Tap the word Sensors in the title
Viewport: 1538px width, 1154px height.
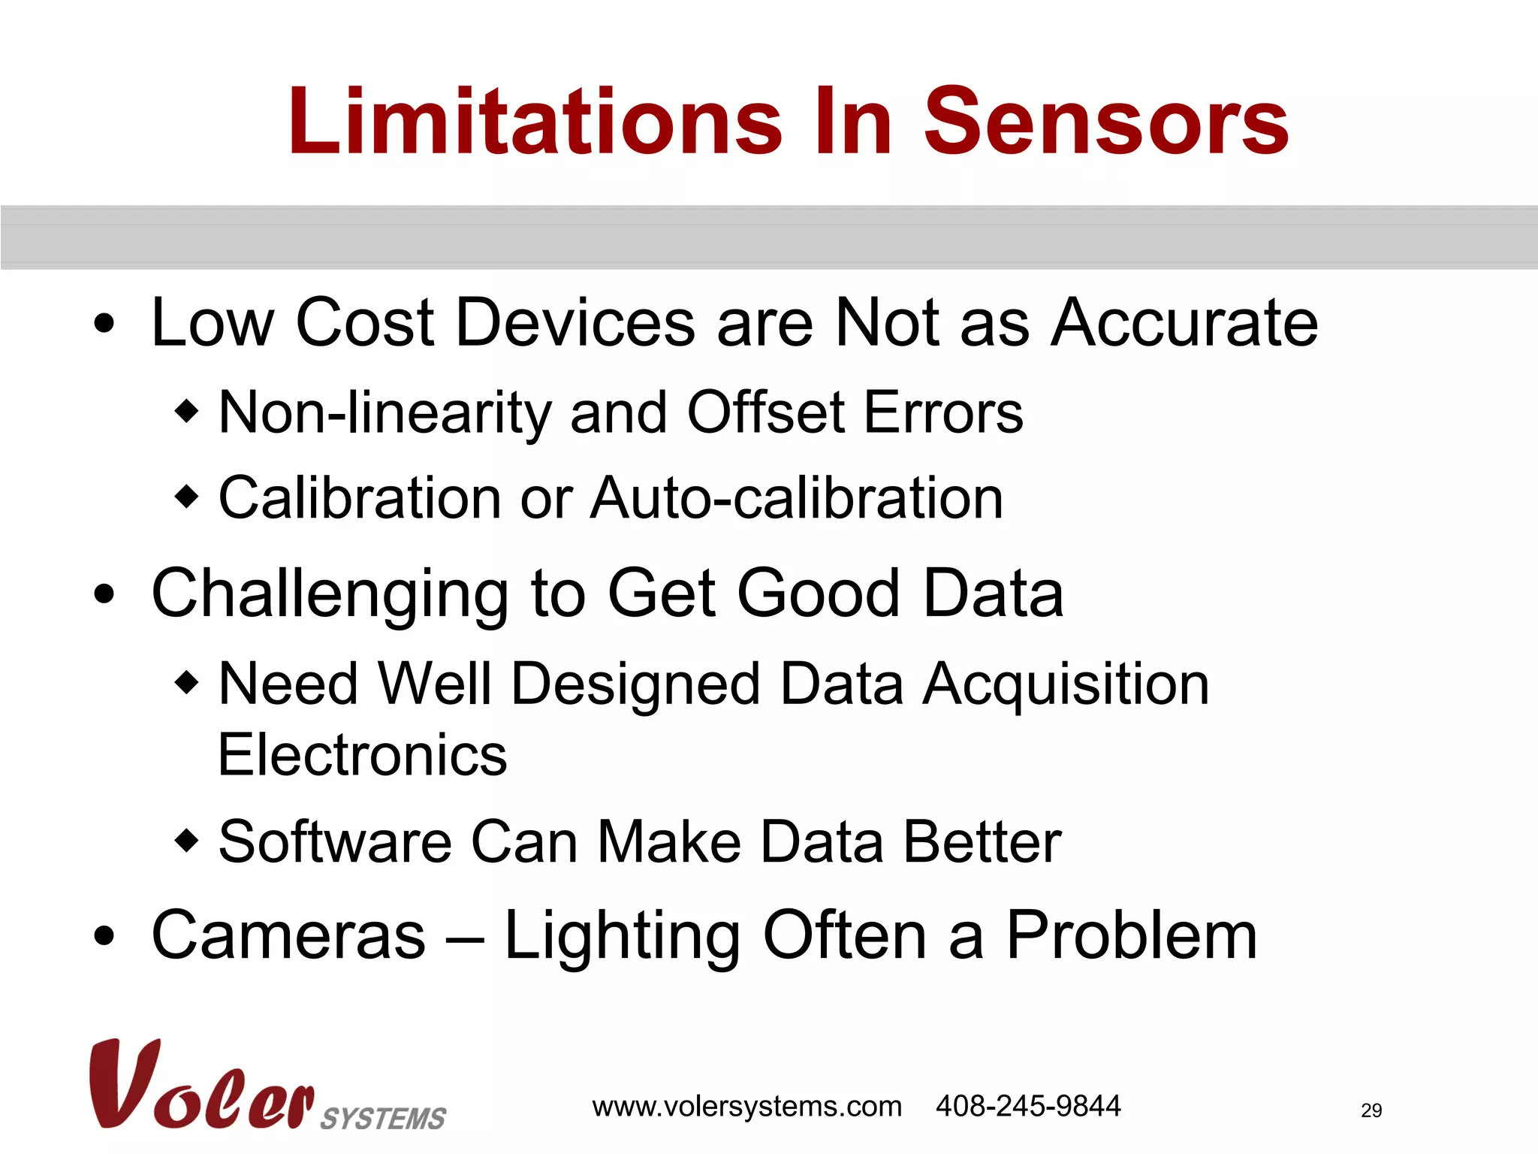(x=1105, y=122)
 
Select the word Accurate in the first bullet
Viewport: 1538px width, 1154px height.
(x=1184, y=323)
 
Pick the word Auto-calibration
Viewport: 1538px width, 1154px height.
(x=797, y=498)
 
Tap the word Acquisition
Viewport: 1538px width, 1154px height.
(x=1066, y=685)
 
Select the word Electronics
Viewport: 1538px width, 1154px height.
(x=363, y=755)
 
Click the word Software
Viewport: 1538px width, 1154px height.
(x=335, y=842)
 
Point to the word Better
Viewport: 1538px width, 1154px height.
(x=982, y=842)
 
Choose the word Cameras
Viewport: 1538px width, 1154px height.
(x=288, y=936)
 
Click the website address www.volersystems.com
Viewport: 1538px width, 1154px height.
(x=746, y=1107)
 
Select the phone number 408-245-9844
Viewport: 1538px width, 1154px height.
(x=1028, y=1106)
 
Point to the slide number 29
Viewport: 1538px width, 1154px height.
(x=1371, y=1110)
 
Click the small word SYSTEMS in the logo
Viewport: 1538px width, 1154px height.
(x=383, y=1119)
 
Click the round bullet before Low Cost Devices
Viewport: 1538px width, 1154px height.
(x=105, y=324)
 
